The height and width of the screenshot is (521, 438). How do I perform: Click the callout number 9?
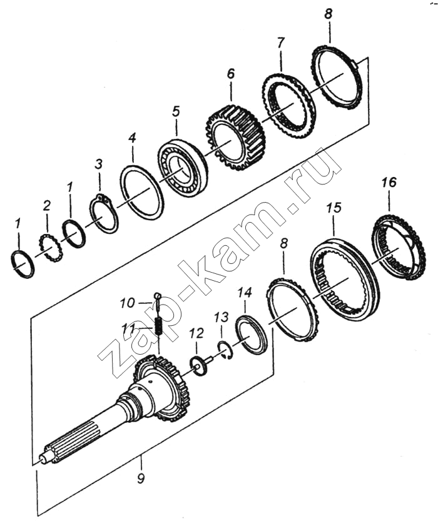coord(141,479)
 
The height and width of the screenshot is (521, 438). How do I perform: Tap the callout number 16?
coord(389,183)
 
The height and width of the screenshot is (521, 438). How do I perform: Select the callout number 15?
coord(334,208)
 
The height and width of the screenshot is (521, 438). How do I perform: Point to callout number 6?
coord(231,73)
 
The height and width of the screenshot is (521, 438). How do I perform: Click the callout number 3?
coord(99,164)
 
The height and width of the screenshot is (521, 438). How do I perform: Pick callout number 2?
coord(47,206)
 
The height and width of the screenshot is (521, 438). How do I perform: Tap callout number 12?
coord(196,333)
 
